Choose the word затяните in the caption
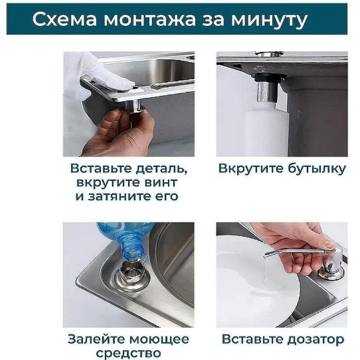pos(126,197)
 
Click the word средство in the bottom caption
pos(128,353)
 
